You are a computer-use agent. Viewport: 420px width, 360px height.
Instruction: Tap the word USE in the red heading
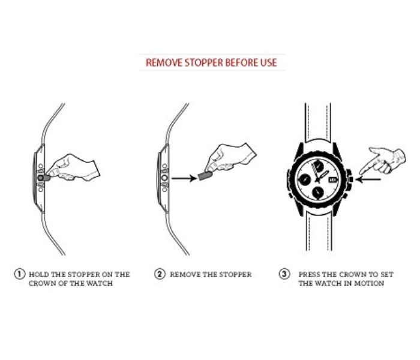(x=268, y=62)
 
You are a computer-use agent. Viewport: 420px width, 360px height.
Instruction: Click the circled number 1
(x=20, y=274)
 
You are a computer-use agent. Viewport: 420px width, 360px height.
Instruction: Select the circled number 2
(x=160, y=274)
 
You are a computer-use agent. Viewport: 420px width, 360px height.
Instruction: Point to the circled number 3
(x=284, y=274)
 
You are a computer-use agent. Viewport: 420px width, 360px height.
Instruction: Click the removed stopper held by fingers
(x=205, y=176)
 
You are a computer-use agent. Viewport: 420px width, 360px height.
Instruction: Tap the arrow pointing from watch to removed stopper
(x=184, y=178)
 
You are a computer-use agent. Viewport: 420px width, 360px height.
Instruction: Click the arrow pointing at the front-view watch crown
(x=368, y=179)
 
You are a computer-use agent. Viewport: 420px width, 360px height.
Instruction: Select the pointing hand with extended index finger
(x=382, y=160)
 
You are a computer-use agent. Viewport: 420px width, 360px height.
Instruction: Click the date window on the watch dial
(x=332, y=180)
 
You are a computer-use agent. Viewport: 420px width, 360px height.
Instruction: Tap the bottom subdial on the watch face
(x=318, y=192)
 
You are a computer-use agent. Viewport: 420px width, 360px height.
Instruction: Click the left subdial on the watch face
(x=305, y=179)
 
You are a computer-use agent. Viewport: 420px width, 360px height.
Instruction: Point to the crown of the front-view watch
(x=350, y=179)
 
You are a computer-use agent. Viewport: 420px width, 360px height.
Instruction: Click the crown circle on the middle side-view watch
(x=164, y=178)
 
